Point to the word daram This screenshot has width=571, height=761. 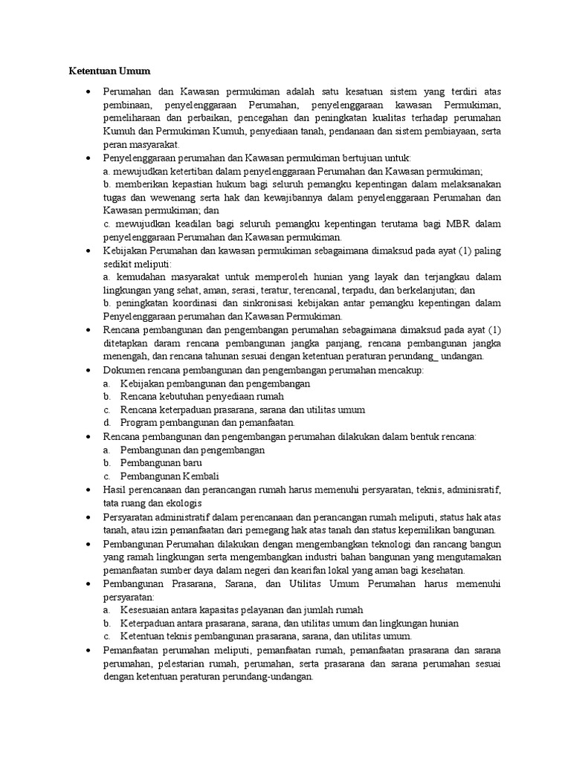pyautogui.click(x=158, y=343)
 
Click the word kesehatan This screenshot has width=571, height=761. pyautogui.click(x=443, y=570)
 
